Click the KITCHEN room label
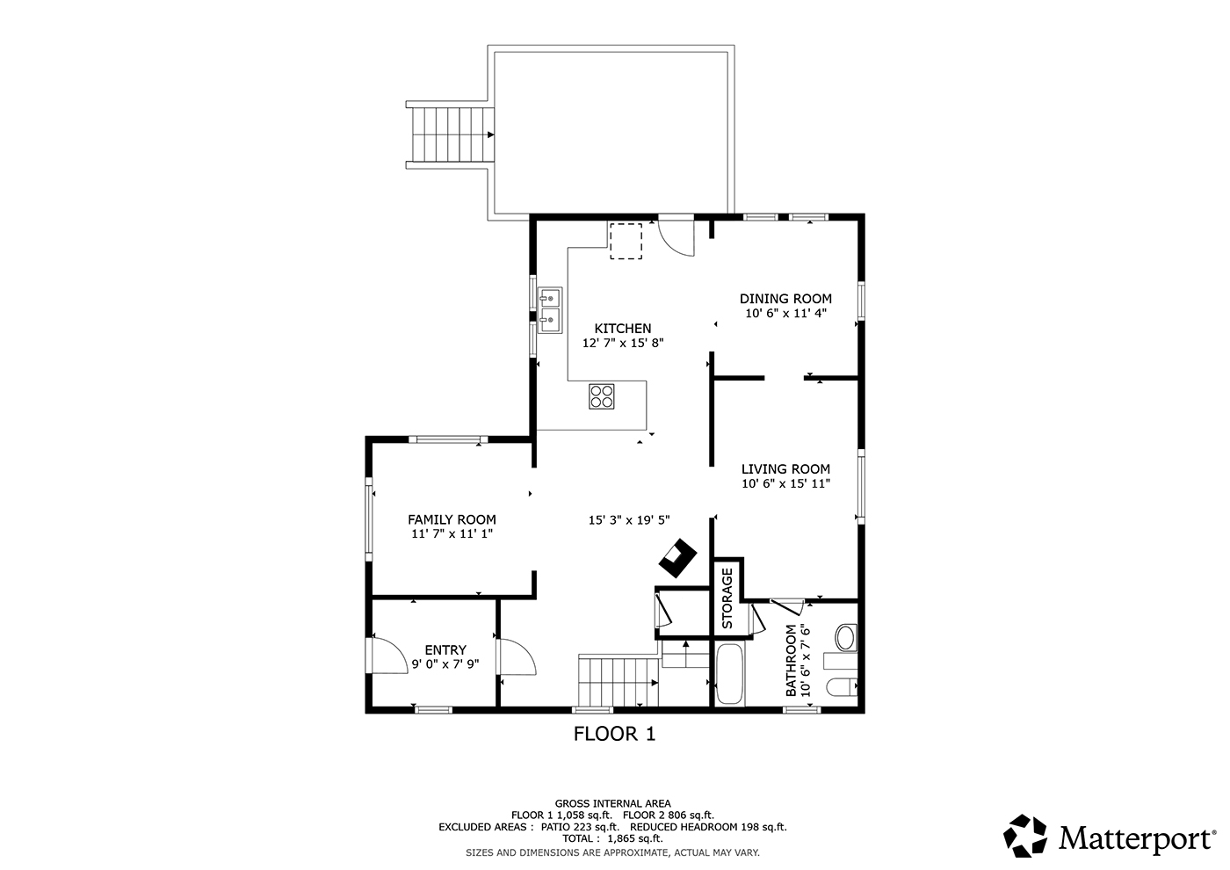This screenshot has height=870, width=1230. coord(623,329)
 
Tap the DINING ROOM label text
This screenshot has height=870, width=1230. coord(785,299)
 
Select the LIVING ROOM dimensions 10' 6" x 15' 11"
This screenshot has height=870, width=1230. coord(785,483)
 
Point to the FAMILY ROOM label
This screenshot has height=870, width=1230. coord(452,519)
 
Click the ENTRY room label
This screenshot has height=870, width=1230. coord(445,649)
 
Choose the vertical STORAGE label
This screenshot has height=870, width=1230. coord(727,598)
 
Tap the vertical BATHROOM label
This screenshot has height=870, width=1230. coord(791,660)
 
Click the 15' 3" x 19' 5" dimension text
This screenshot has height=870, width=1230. coord(629,519)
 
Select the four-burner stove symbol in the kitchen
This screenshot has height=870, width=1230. coord(601,396)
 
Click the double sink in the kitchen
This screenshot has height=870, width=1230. coord(550,309)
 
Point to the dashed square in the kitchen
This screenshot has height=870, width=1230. coord(626,241)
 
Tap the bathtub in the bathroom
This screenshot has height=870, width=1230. coord(730,674)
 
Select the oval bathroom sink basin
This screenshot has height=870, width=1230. coord(846,638)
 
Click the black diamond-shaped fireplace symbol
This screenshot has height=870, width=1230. coord(677,557)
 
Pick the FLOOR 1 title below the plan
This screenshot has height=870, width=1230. coord(614,734)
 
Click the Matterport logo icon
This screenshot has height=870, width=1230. coord(1024,836)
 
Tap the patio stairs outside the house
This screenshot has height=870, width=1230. coord(450,134)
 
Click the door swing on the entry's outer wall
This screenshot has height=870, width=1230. coord(388,655)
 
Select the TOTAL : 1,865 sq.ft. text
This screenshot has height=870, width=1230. coord(612,838)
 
